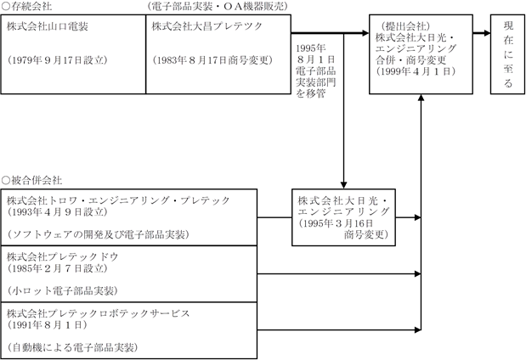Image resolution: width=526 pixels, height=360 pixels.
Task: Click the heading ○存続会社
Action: point(27,7)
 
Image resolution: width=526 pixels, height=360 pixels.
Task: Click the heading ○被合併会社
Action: point(32,181)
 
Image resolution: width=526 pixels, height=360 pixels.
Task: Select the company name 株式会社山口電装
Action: point(48,26)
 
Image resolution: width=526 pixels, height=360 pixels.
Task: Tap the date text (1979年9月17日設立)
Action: point(57,60)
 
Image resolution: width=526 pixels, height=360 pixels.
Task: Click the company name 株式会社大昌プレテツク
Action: point(207,26)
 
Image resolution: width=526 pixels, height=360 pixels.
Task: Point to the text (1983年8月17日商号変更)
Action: point(212,60)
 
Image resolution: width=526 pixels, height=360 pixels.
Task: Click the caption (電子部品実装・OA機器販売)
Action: point(218,7)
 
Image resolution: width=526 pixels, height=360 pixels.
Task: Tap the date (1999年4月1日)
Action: point(416,71)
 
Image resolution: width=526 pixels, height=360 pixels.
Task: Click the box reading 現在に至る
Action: point(508,54)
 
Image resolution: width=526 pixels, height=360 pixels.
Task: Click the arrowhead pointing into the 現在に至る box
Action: point(487,33)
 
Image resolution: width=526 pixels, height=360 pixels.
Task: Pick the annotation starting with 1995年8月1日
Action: point(315,70)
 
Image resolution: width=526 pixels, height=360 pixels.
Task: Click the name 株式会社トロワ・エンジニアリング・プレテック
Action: point(118,200)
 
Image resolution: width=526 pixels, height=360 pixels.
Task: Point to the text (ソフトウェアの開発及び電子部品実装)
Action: point(98,234)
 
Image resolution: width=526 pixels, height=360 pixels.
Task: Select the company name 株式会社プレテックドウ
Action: point(63,256)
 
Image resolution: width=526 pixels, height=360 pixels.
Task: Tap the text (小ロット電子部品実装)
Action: point(62,290)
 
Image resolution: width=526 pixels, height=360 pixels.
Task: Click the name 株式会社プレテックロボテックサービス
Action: point(99,313)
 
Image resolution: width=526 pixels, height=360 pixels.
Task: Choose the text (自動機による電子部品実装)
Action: point(72,347)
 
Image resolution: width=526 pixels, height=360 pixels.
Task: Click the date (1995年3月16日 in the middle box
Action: point(336,223)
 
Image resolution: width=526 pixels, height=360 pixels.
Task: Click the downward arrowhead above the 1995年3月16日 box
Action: point(343,185)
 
